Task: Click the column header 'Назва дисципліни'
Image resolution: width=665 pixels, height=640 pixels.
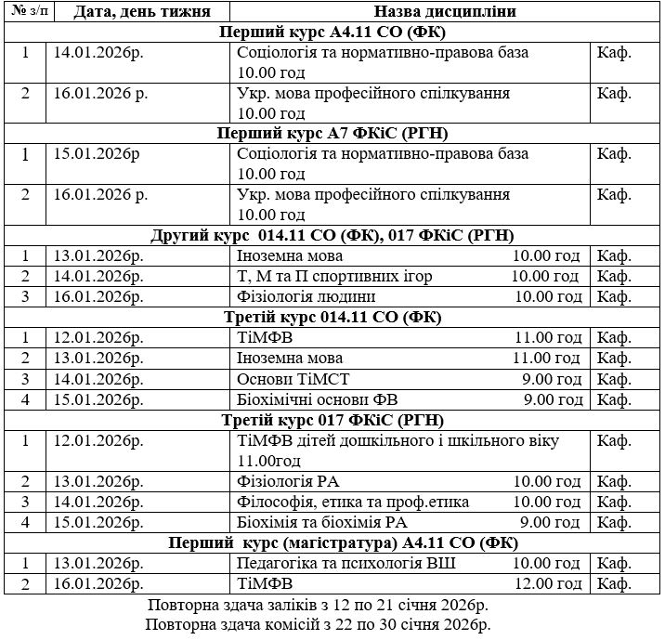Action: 445,13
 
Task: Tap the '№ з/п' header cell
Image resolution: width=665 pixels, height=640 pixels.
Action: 25,12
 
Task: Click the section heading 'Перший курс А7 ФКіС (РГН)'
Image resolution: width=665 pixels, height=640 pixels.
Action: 332,133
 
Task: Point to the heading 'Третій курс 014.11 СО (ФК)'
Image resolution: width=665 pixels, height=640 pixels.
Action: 332,317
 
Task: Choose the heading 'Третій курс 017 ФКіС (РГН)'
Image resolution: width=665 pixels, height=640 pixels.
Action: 332,420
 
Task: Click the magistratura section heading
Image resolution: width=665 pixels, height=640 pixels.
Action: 332,543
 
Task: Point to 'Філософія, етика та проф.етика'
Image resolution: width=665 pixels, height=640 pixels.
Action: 353,503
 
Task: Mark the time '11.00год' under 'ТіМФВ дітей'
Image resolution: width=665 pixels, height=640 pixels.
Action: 270,461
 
